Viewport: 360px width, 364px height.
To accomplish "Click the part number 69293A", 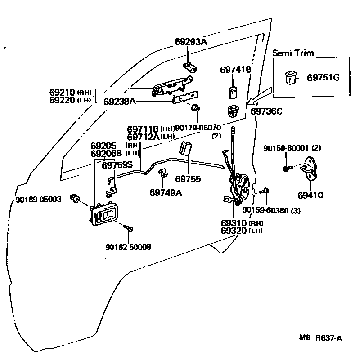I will [x=190, y=42].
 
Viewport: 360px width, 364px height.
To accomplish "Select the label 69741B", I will [x=235, y=70].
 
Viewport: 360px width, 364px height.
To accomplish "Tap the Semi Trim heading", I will [x=293, y=53].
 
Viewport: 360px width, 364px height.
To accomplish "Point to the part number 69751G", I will [x=323, y=78].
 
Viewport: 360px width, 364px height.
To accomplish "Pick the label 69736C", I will [x=266, y=111].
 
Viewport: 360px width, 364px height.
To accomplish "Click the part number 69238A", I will [x=120, y=102].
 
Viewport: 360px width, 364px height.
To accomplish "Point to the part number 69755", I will [x=188, y=179].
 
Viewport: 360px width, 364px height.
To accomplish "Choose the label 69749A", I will [x=166, y=192].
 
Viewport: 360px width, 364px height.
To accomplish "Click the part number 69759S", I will [x=117, y=165].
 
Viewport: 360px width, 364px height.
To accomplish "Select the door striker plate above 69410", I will [x=311, y=167].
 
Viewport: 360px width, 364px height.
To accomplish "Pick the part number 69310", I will [x=234, y=223].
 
